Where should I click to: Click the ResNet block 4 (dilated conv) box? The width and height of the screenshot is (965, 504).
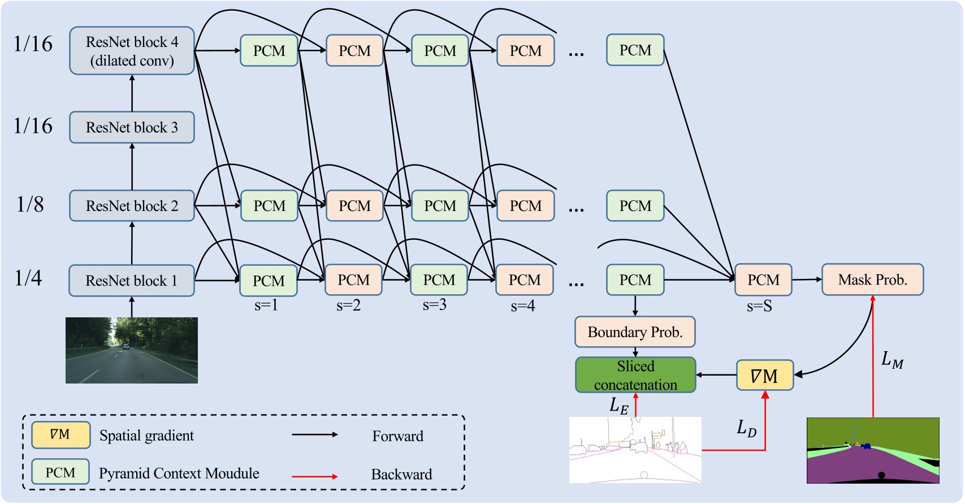point(132,50)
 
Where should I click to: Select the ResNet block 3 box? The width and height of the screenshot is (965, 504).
point(132,127)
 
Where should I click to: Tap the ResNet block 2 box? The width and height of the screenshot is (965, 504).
point(132,206)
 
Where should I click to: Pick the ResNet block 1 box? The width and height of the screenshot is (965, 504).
point(132,280)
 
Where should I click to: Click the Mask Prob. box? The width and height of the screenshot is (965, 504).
point(872,279)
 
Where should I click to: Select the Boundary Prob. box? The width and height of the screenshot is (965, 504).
point(635,332)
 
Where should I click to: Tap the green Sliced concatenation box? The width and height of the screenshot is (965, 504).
point(635,374)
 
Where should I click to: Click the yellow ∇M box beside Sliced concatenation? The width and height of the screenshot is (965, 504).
point(765,375)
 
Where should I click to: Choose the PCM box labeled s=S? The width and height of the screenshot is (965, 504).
point(763,280)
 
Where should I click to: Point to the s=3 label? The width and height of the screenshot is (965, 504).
point(434,305)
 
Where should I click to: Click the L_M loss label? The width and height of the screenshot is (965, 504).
point(892,360)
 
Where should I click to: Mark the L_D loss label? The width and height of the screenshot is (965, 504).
point(747,428)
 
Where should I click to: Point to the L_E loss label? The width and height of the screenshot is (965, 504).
point(618,406)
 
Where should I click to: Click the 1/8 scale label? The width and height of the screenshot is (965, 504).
point(30,204)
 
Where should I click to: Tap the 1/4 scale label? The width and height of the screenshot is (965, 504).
point(28,278)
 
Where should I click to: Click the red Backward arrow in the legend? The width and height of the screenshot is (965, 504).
point(314,476)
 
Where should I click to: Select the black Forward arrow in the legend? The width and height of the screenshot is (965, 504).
point(314,434)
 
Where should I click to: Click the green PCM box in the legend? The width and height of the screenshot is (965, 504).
point(60,472)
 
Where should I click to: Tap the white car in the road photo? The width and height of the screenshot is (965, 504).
point(125,346)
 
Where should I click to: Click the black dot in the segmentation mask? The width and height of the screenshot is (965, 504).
point(881,475)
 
